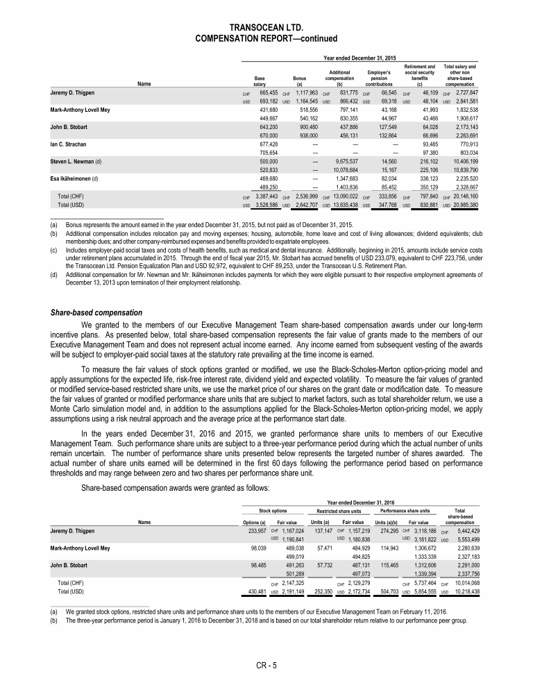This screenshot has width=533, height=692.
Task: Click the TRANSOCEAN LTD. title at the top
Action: pos(266,26)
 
